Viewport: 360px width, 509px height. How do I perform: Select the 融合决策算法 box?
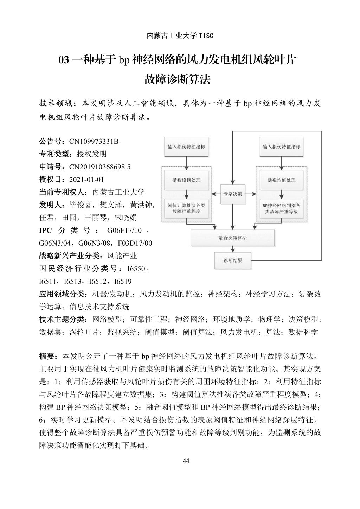[233, 238]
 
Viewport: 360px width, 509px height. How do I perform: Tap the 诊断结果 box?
[233, 260]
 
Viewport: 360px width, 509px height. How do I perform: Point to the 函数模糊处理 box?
[186, 180]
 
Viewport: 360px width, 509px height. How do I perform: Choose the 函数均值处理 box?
[281, 180]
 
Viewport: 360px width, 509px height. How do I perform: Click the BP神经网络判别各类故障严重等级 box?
[281, 208]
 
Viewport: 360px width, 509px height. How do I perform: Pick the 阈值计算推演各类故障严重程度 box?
[186, 208]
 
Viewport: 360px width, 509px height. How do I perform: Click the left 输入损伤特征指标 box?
[186, 147]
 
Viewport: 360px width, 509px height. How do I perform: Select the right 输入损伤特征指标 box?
[281, 147]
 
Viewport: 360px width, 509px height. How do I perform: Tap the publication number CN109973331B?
[94, 142]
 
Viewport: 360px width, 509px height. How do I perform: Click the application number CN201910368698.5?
[99, 167]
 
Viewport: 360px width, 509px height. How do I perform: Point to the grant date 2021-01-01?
[86, 180]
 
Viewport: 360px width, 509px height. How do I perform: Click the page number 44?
[186, 461]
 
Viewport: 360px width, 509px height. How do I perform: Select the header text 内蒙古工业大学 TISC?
[180, 36]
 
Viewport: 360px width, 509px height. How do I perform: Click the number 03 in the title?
[64, 60]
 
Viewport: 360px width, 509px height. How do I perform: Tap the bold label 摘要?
[47, 356]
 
